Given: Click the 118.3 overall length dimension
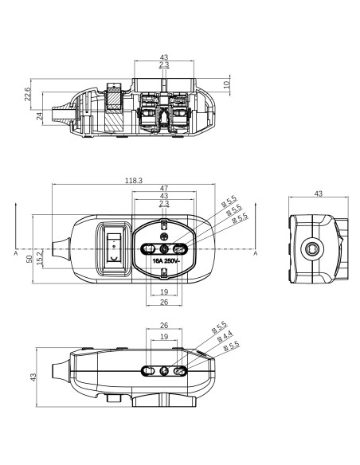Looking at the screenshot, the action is point(134,180).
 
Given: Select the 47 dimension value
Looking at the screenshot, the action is point(164,188).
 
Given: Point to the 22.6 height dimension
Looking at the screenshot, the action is point(27,94).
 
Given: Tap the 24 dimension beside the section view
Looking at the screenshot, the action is point(40,115).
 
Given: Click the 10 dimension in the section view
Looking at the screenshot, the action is point(227,84).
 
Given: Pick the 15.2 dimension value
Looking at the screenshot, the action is point(40,257).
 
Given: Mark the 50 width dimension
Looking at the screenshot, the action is point(29,259).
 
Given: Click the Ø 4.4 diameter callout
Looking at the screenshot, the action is point(225,336).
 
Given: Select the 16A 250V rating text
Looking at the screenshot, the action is point(166,261).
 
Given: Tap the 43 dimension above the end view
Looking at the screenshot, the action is point(319,193).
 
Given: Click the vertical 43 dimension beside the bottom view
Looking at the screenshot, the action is point(33,377).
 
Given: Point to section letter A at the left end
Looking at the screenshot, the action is point(16,253).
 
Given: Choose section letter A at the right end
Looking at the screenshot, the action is point(256,253).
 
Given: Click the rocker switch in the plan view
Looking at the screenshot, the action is point(114,248).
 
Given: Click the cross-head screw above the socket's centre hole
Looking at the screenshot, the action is point(164,236).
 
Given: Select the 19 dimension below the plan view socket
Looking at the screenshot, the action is point(164,291).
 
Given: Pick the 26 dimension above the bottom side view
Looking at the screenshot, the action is point(164,326).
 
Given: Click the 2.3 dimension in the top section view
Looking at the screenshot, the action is point(164,64).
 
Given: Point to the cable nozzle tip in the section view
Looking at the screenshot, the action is point(53,115).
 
